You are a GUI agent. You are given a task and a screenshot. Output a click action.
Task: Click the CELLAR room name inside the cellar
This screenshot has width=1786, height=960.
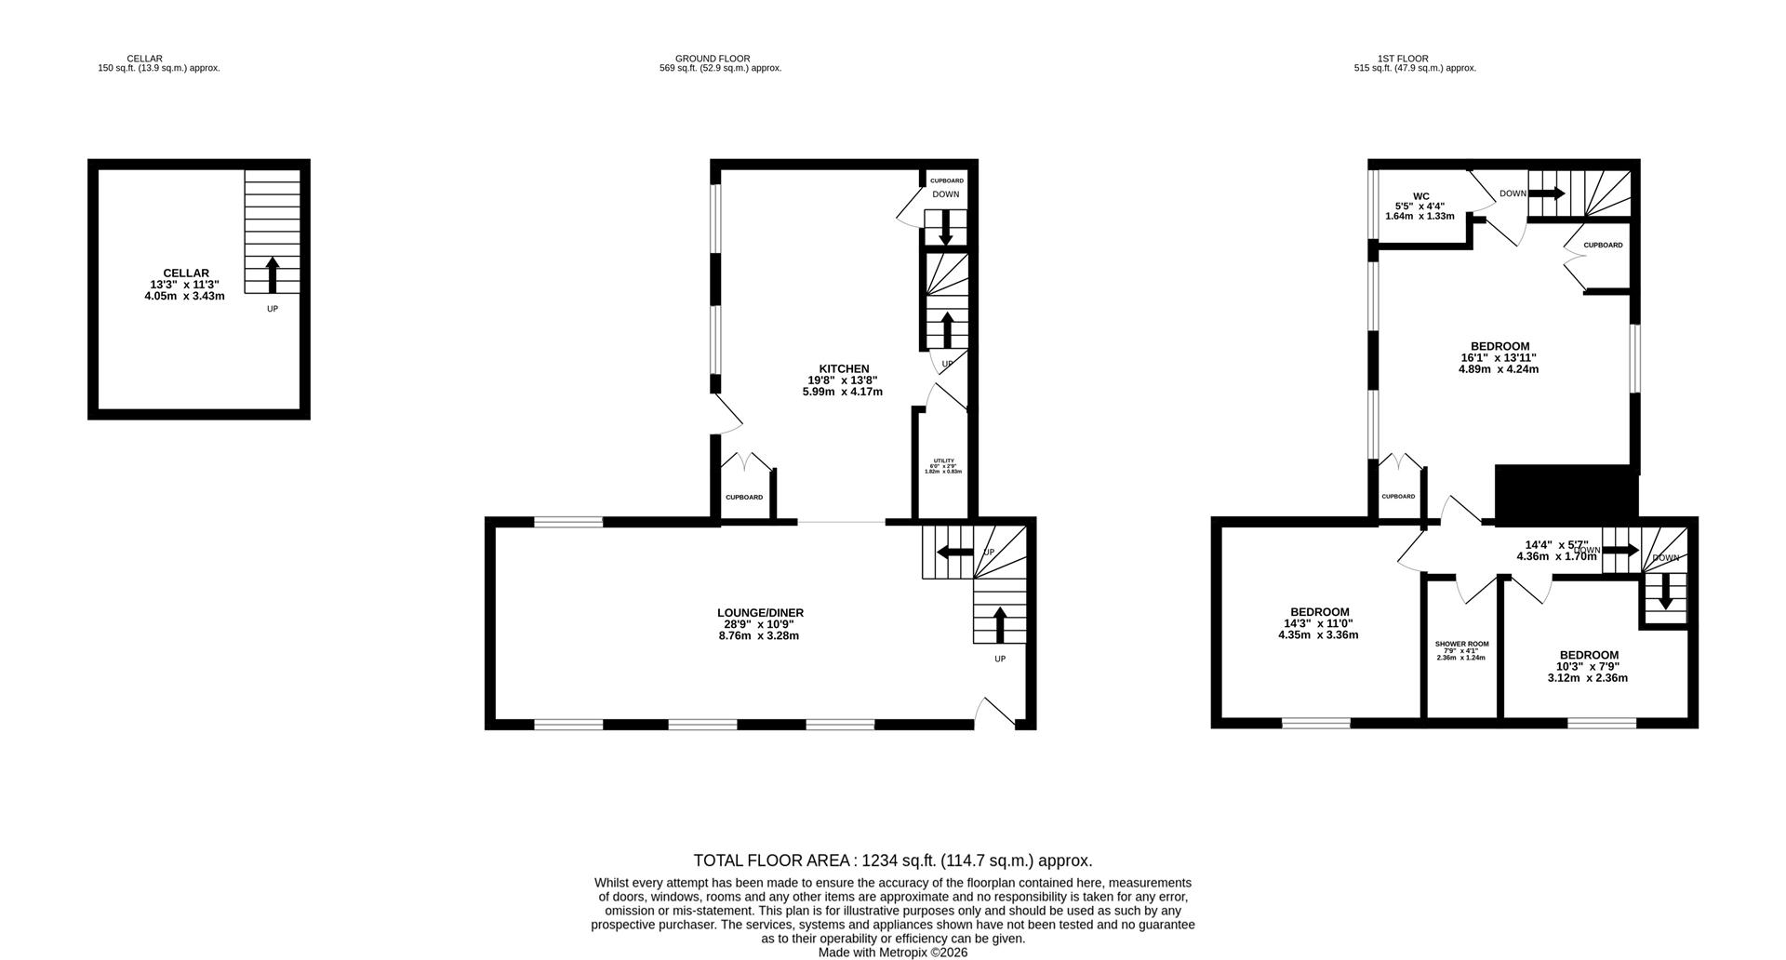pos(186,273)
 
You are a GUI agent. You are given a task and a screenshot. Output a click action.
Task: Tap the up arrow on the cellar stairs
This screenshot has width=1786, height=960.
pos(273,275)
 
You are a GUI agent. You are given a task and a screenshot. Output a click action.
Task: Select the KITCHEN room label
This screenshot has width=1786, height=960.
pos(844,369)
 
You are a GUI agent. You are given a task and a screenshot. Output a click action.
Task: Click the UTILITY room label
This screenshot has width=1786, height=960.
pos(943,461)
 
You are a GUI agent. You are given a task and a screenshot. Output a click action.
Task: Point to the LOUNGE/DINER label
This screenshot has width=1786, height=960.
pos(760,613)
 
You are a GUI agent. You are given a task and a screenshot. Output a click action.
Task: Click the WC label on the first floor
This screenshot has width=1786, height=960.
pos(1420,196)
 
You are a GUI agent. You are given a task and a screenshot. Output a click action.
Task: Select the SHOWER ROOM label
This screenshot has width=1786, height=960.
pos(1461,644)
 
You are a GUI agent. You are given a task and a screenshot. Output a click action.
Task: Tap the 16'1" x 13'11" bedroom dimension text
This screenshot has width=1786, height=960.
pos(1498,358)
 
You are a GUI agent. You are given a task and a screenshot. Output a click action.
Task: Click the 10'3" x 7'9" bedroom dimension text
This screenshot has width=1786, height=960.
pos(1589,667)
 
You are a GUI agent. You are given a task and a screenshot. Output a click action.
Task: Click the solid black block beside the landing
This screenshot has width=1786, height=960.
pos(1566,493)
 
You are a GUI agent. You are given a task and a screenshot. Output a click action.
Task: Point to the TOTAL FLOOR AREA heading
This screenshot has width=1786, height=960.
pos(892,860)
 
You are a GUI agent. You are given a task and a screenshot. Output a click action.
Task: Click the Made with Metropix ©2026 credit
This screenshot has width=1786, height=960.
pos(892,953)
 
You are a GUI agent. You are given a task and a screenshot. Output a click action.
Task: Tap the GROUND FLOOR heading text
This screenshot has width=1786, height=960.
pos(713,59)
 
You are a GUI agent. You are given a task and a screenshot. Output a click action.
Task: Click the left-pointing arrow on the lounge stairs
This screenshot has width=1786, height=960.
pos(953,553)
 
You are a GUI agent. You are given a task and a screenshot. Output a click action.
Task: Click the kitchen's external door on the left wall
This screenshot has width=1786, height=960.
pos(726,415)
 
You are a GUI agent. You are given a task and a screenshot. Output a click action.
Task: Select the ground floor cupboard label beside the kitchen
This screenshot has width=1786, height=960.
pos(744,498)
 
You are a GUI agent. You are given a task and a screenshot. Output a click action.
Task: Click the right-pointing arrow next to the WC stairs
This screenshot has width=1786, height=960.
pos(1547,193)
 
